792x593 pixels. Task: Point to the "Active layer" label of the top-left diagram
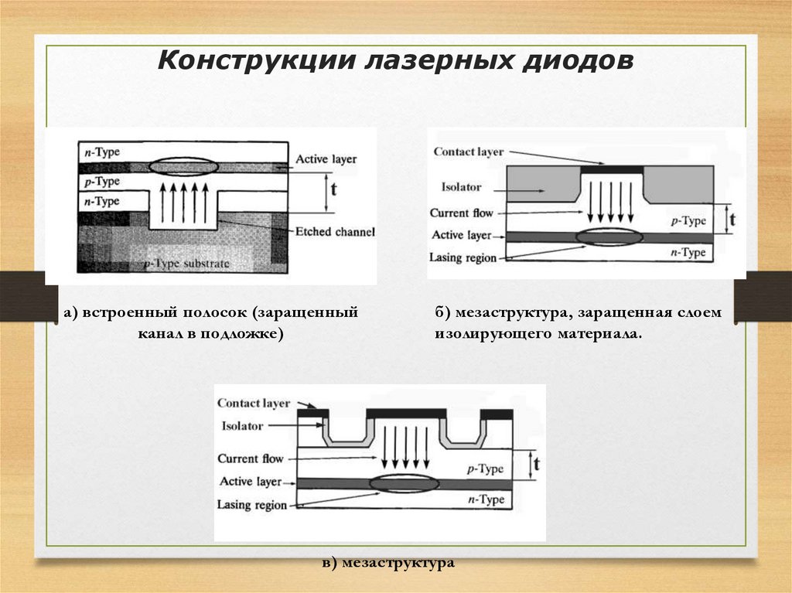[326, 159]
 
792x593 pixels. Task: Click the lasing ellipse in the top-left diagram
[183, 166]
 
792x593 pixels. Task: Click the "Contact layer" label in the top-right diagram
[469, 152]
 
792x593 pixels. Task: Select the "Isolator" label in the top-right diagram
[461, 187]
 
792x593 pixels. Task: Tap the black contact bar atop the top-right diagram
[611, 168]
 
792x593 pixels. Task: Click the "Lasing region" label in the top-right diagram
[463, 257]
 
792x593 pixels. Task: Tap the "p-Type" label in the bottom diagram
[485, 469]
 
